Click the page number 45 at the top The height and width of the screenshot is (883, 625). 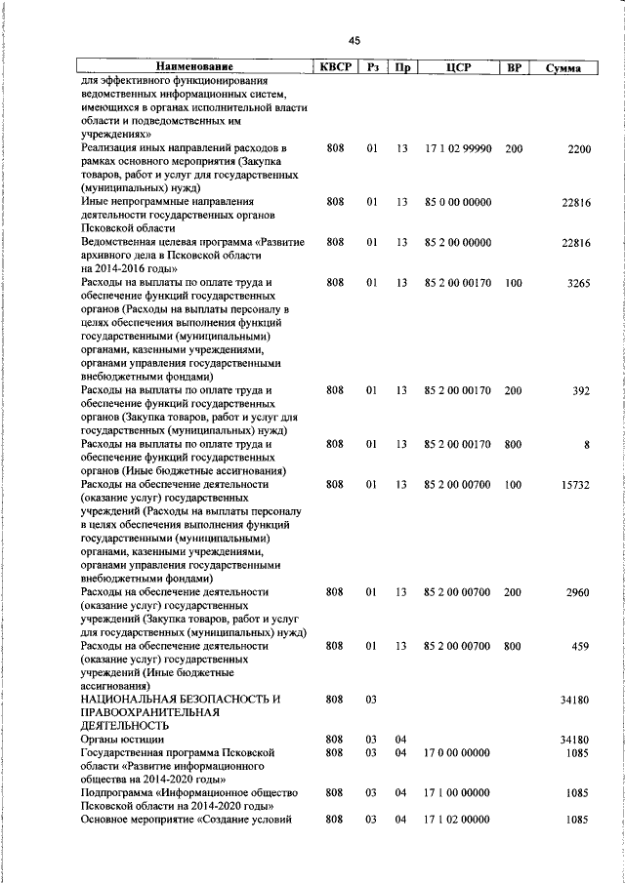pos(354,40)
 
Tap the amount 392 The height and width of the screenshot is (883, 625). pos(581,390)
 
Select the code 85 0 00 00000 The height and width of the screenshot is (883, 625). pos(458,202)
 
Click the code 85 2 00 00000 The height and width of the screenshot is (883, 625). pos(458,242)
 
